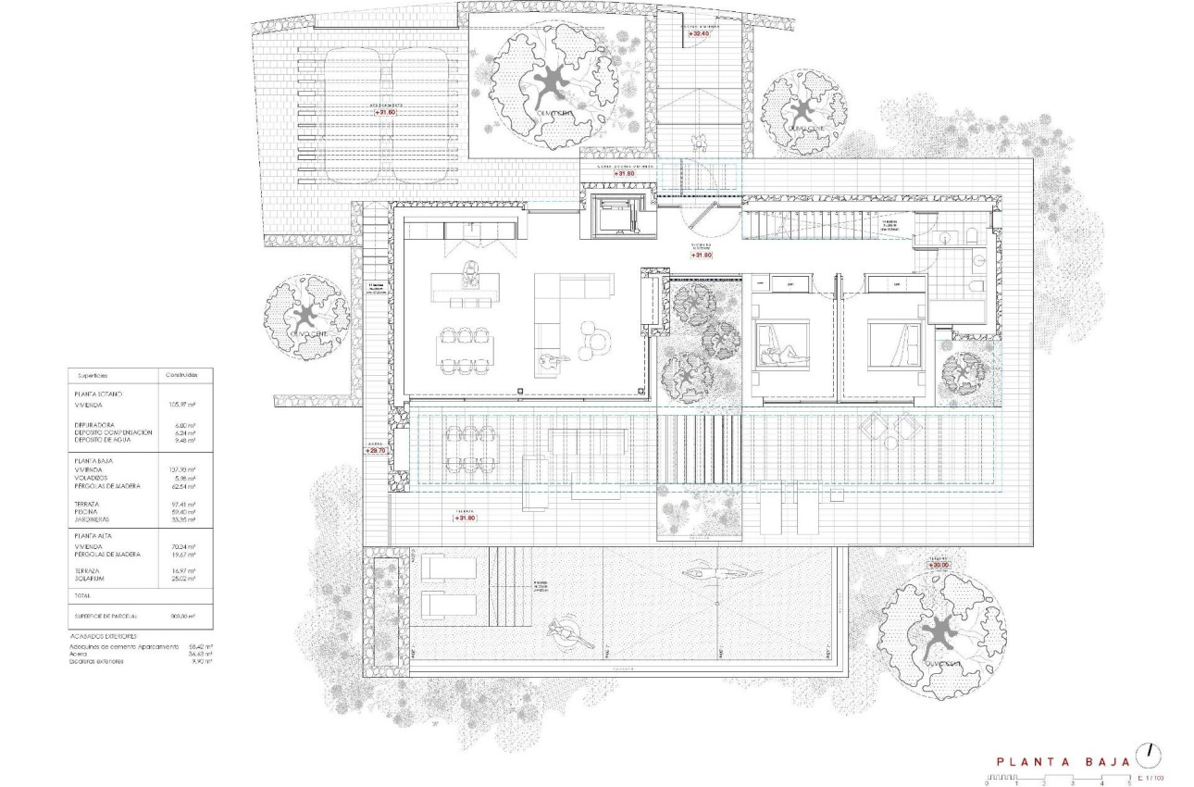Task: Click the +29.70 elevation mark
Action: click(375, 450)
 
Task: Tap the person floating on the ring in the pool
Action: click(566, 633)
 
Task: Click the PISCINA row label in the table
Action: click(89, 511)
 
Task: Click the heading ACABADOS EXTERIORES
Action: click(103, 637)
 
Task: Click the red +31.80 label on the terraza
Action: click(466, 518)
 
